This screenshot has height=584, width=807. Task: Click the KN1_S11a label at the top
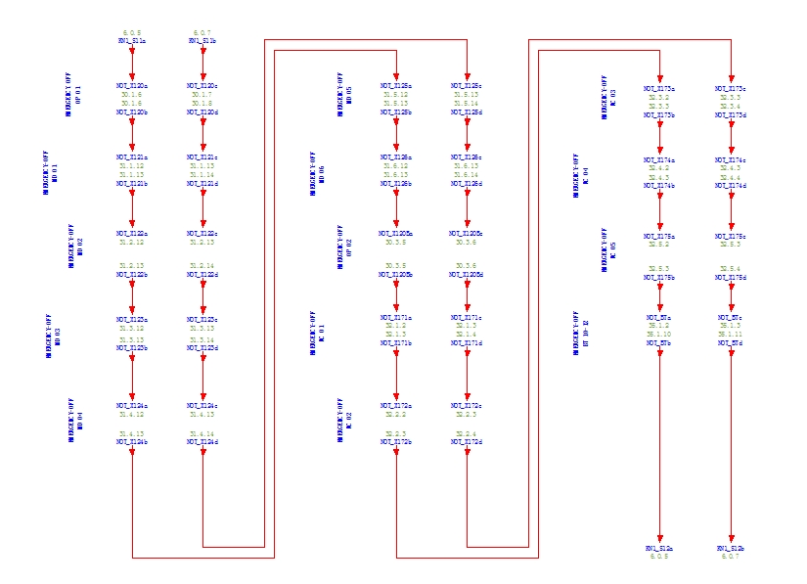point(132,41)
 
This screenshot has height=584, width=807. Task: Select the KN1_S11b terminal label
point(202,41)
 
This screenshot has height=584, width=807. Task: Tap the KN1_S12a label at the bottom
point(659,549)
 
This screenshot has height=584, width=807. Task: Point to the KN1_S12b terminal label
point(731,549)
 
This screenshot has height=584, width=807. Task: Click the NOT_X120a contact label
point(132,86)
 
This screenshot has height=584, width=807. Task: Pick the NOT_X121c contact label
point(202,157)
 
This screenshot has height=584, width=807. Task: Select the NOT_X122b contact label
point(132,275)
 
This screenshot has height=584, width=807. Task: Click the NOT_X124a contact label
point(132,406)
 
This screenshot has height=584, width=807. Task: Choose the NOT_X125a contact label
point(396,86)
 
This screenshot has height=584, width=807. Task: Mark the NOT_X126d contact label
point(467,184)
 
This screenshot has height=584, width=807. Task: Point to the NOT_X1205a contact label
point(396,234)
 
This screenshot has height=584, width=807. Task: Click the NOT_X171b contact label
point(396,343)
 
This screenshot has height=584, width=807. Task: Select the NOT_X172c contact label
point(467,406)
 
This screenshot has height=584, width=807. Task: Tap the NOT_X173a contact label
point(659,89)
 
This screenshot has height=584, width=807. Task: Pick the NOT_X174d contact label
point(731,186)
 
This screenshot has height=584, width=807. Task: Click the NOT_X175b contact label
point(659,278)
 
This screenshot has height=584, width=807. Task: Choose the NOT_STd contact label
point(731,343)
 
